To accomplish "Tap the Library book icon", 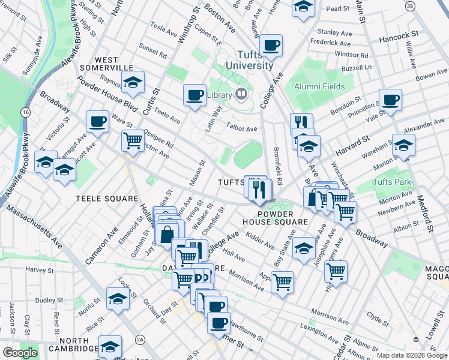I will [241, 94].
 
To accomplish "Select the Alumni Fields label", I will [319, 86].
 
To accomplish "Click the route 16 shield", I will [25, 112].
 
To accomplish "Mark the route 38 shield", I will [410, 6].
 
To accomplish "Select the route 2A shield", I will [140, 340].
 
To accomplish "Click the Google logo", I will [20, 353].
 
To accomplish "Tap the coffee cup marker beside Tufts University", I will [271, 46].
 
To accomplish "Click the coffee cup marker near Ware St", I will [97, 122].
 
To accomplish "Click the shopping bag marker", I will [167, 235].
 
